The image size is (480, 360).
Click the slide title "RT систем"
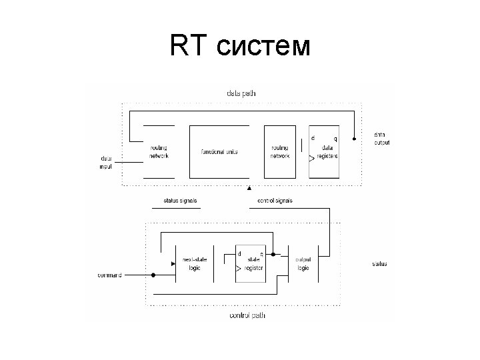point(240,46)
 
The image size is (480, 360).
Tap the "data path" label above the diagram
point(241,93)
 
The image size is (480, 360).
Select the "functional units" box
point(219,151)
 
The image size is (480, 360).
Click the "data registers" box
point(325,151)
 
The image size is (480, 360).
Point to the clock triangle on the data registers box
point(312,159)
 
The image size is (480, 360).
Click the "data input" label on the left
point(106,162)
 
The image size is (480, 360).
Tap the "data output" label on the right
point(382,139)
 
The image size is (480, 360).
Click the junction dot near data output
point(355,139)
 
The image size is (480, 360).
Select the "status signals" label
point(180,200)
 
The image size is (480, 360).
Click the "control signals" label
point(275,200)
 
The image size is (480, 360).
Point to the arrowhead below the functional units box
point(249,189)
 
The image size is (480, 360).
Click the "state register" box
point(251,264)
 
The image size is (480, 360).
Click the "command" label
point(109,275)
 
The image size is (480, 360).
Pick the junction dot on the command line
point(153,275)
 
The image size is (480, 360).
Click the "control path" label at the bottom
point(247,315)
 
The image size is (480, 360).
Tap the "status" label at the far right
point(379,264)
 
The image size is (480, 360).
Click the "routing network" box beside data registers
point(280,151)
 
